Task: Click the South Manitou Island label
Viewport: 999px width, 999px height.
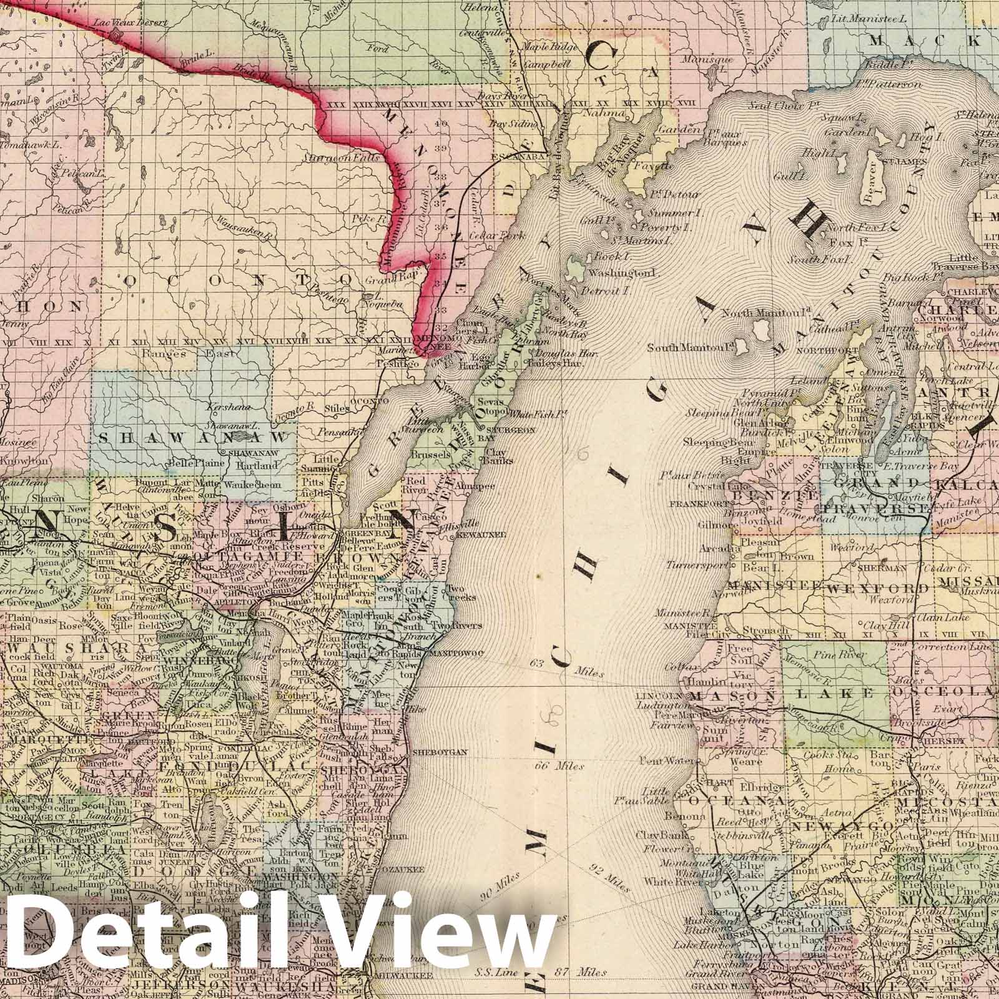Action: tap(690, 347)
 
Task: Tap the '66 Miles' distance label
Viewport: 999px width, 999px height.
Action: tap(559, 765)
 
